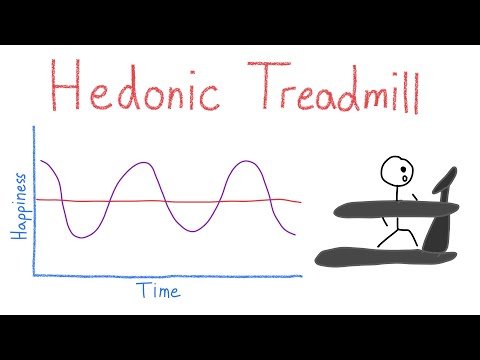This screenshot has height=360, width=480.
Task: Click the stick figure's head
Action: point(396,172)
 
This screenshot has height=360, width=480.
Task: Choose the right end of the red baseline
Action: point(299,201)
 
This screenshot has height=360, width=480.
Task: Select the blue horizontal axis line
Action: point(170,275)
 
